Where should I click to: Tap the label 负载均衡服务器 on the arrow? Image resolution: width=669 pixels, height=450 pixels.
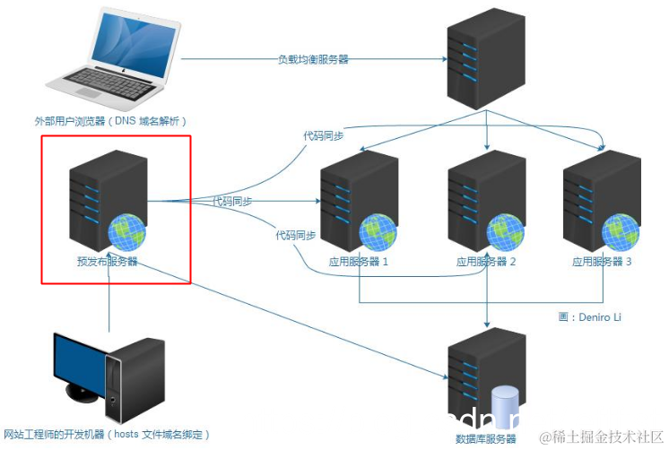click(x=312, y=59)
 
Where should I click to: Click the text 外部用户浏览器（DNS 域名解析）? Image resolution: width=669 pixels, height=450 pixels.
click(x=110, y=121)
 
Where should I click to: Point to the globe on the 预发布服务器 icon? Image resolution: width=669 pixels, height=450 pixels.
click(x=126, y=232)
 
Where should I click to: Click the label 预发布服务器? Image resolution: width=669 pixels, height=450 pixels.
click(x=107, y=262)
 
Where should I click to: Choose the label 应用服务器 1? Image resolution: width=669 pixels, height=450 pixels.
click(x=360, y=262)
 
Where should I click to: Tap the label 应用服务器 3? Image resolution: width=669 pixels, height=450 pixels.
click(x=602, y=262)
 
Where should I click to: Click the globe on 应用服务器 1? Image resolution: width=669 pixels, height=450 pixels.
click(x=378, y=232)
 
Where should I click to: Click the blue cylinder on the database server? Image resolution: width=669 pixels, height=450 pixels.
click(x=507, y=406)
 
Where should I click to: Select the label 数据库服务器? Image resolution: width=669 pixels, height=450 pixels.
click(x=486, y=439)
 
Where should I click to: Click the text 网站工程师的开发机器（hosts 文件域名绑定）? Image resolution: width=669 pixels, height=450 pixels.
click(x=107, y=435)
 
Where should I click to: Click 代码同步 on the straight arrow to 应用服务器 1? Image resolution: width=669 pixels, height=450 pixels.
click(x=231, y=202)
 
